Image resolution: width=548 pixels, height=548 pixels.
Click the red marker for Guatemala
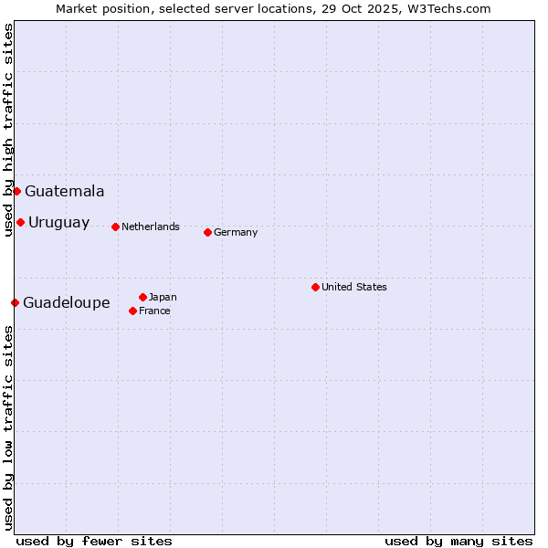pos(16,191)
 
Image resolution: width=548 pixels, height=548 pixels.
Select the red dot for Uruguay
pos(20,222)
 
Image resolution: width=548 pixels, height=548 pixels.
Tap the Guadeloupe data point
pos(15,302)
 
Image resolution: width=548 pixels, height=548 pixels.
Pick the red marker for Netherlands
pos(115,227)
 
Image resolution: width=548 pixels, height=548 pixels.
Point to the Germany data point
pos(207,232)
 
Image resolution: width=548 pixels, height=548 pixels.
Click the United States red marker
pos(315,287)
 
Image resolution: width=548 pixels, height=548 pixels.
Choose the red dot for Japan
pos(142,297)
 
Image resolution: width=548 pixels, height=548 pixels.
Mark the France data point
pos(132,311)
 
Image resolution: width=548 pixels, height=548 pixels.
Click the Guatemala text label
pos(64,192)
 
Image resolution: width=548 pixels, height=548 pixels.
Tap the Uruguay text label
pos(58,223)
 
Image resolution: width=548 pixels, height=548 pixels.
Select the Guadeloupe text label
pos(66,303)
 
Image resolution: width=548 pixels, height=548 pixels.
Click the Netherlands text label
pos(151,227)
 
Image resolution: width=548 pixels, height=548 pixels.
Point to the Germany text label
pos(236,232)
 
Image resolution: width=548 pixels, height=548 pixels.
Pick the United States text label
pos(354,287)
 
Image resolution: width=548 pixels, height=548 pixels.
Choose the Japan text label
pos(163,297)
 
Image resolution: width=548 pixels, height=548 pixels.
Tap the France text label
pos(154,311)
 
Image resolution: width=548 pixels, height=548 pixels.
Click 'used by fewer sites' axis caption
pos(94,541)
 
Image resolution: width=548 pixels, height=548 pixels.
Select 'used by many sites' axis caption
pos(458,541)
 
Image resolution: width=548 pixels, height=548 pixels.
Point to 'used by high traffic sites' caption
pos(8,131)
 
